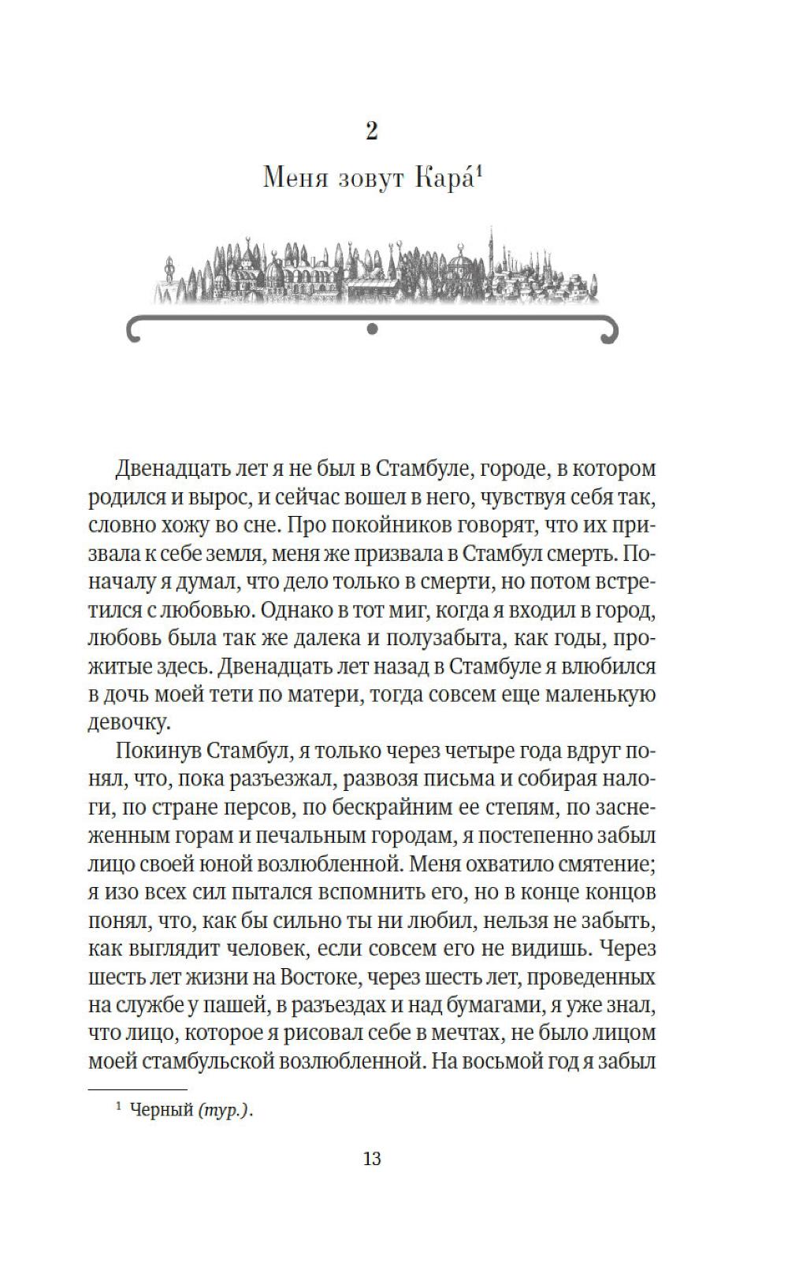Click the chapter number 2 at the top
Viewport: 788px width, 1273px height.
(x=372, y=131)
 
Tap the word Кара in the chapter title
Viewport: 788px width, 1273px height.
(x=444, y=180)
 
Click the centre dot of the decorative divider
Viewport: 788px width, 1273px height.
(x=373, y=329)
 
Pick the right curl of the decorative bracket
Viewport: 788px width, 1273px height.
(x=610, y=332)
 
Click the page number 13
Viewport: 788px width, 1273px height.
(x=372, y=1158)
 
